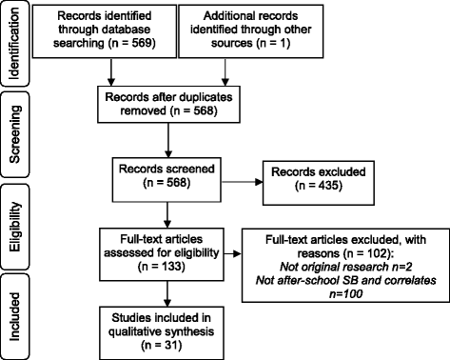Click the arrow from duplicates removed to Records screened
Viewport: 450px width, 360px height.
167,140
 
